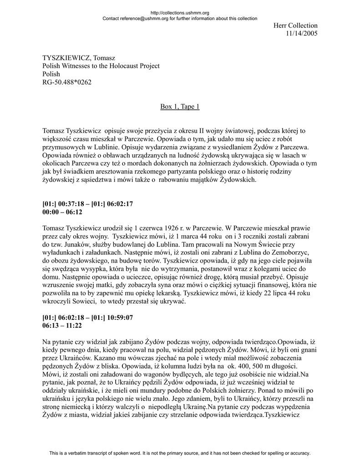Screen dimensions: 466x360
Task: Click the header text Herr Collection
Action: (295, 25)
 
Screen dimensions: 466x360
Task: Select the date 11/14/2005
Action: (301, 34)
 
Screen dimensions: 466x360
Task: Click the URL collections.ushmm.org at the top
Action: (179, 13)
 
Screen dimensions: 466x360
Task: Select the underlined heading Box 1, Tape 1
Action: (180, 106)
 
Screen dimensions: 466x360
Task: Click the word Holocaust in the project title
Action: (120, 66)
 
